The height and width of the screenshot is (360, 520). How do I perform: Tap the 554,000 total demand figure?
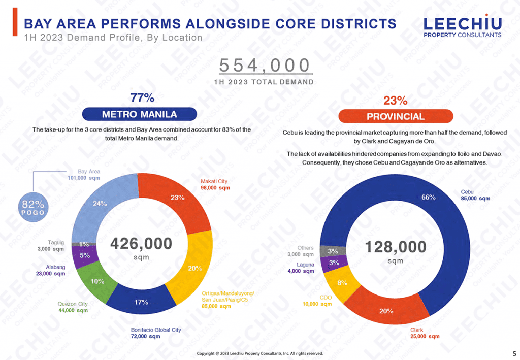(264, 66)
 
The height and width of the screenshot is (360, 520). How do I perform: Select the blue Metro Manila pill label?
(139, 114)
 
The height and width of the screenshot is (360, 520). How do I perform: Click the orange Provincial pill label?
(396, 116)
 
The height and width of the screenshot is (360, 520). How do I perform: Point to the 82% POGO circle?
(34, 207)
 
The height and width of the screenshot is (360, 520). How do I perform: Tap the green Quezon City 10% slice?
(96, 282)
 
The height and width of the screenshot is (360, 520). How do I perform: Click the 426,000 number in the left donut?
(141, 244)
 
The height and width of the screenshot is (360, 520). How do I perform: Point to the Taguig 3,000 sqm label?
(51, 246)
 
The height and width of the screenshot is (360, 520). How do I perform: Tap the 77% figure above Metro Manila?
(143, 97)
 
